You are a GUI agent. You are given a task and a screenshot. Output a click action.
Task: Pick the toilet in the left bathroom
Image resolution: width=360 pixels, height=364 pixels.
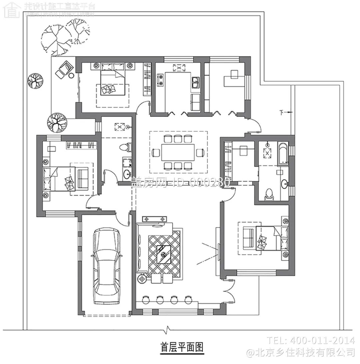point(127,147)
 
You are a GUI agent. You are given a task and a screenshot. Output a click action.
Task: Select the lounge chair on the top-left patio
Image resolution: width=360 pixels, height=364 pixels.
point(64,69)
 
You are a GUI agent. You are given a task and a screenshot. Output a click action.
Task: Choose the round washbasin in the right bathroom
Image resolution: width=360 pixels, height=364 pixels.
point(284,184)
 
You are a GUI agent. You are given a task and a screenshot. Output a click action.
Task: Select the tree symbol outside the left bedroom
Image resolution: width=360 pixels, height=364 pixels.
point(57,122)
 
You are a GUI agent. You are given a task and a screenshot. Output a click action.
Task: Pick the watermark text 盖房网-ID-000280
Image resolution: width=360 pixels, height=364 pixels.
point(180,182)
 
